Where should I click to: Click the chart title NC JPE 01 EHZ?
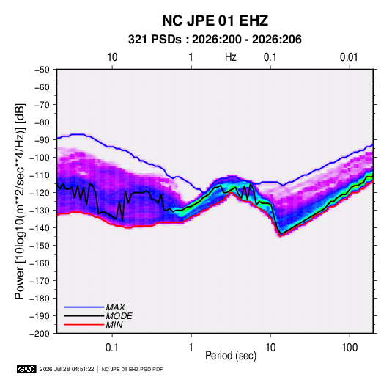point(215,21)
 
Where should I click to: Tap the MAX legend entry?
point(115,307)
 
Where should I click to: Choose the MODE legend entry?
point(119,316)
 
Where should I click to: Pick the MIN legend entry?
point(114,325)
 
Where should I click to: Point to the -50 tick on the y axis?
point(42,70)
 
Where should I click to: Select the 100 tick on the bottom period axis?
point(350,347)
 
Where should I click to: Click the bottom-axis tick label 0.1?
point(112,347)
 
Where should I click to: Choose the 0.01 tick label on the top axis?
point(349,57)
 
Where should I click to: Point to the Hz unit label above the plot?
point(231,57)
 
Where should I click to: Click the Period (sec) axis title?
point(231,356)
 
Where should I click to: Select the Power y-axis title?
point(20,202)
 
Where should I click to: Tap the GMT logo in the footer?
point(26,369)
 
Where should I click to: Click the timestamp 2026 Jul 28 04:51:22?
point(67,369)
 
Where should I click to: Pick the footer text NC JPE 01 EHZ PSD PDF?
point(132,369)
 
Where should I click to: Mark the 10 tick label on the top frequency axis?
point(112,57)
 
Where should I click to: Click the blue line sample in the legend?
point(84,307)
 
